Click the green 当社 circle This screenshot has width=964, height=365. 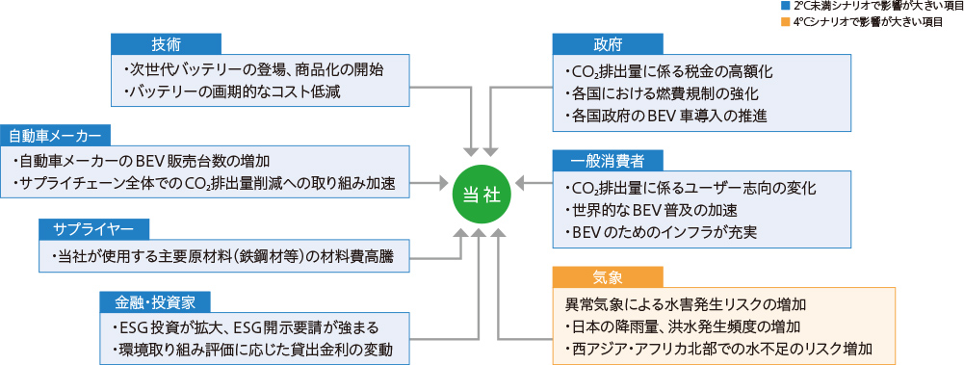click(478, 193)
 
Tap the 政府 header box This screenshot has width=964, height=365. click(607, 44)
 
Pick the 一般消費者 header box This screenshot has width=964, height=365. click(607, 159)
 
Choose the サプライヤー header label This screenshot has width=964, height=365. click(94, 229)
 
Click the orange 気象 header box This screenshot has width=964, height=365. click(607, 277)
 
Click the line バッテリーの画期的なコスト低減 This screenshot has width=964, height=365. click(232, 92)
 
